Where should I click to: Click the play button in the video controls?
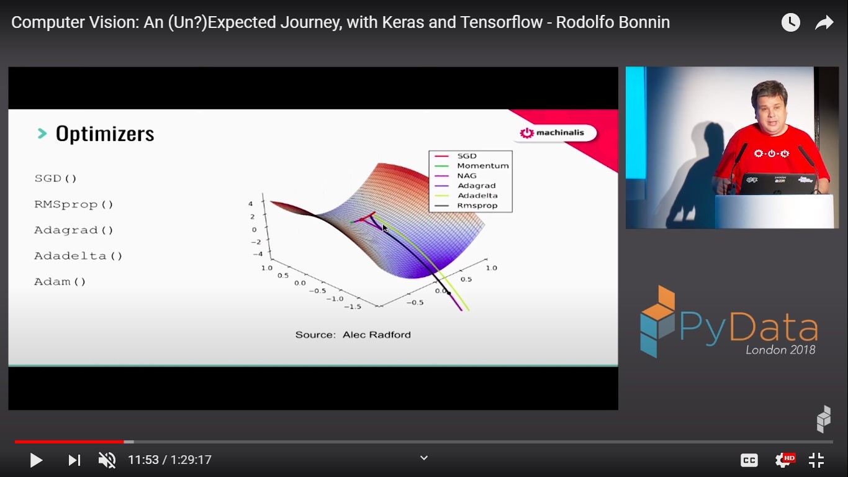pyautogui.click(x=37, y=460)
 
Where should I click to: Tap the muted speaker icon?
pyautogui.click(x=107, y=460)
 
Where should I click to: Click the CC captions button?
pyautogui.click(x=749, y=460)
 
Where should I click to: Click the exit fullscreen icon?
pyautogui.click(x=816, y=460)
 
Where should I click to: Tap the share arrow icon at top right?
pyautogui.click(x=824, y=23)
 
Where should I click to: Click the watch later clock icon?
pyautogui.click(x=790, y=22)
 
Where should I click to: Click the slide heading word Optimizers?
pyautogui.click(x=105, y=134)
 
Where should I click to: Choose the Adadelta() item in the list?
pyautogui.click(x=78, y=256)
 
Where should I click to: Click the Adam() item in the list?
pyautogui.click(x=60, y=282)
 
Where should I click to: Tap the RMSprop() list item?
pyautogui.click(x=74, y=204)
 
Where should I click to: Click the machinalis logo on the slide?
pyautogui.click(x=552, y=133)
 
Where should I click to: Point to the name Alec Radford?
pyautogui.click(x=377, y=335)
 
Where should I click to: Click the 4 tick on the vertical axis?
pyautogui.click(x=250, y=204)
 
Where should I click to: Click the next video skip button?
pyautogui.click(x=74, y=460)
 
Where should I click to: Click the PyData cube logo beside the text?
pyautogui.click(x=657, y=321)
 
